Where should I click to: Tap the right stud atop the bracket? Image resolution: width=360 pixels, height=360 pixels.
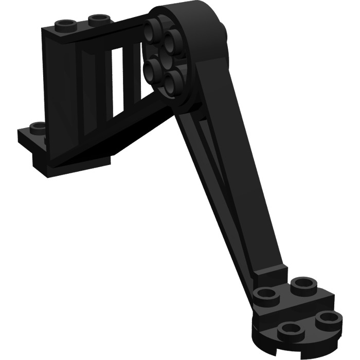(x=96, y=20)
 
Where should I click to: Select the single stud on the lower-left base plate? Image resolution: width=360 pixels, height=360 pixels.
(x=38, y=127)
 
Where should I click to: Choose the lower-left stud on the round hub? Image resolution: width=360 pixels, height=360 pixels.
(x=153, y=66)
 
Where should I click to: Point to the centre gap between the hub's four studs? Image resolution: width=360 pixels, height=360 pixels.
(x=164, y=51)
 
